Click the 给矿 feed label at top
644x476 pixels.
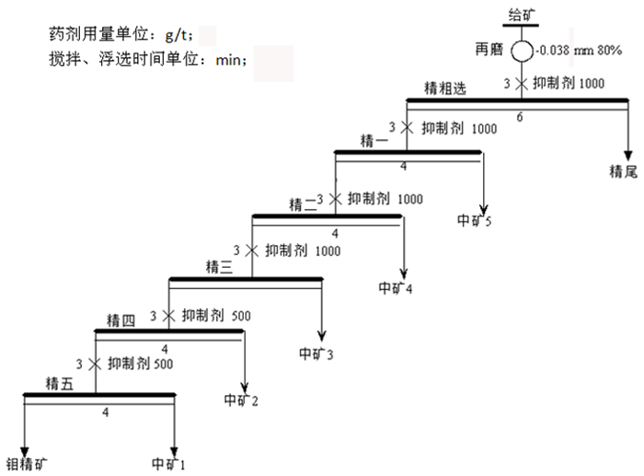pos(522,13)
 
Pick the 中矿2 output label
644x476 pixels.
pos(242,400)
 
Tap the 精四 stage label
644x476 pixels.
pos(121,319)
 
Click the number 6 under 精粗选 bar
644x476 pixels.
pos(521,116)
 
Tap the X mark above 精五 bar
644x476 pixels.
pos(92,363)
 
